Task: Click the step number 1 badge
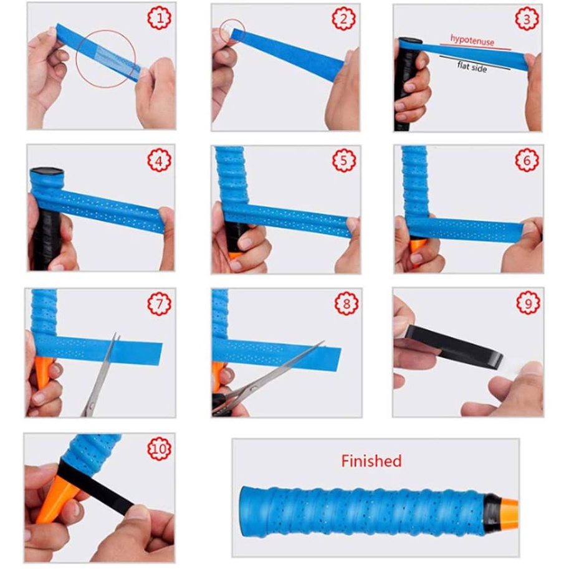[x=160, y=18]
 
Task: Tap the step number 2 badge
[x=343, y=18]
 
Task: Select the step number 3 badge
[x=527, y=19]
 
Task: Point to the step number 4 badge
[x=160, y=160]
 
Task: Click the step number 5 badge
[x=344, y=160]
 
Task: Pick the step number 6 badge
[x=527, y=160]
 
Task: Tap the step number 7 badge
[x=160, y=304]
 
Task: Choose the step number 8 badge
[x=346, y=304]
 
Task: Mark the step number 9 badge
[x=528, y=303]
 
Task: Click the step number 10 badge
[x=160, y=448]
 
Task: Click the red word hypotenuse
[x=472, y=41]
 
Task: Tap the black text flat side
[x=472, y=67]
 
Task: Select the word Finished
[x=371, y=461]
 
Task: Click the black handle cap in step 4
[x=47, y=171]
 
